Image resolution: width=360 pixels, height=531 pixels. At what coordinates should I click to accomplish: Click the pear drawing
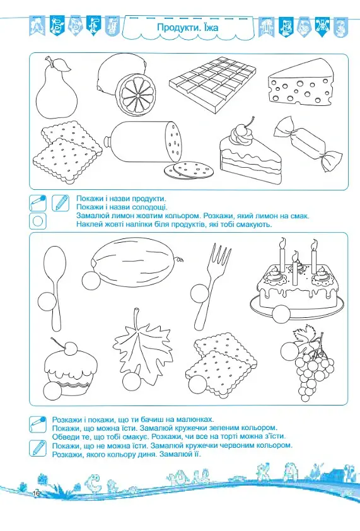[57, 91]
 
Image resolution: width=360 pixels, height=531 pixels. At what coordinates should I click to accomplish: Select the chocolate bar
[212, 85]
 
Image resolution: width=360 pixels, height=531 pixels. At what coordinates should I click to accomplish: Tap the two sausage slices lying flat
[189, 170]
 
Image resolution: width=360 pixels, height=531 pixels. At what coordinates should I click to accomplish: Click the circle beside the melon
[91, 281]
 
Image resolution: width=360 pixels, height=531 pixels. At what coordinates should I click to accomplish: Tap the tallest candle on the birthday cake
[314, 256]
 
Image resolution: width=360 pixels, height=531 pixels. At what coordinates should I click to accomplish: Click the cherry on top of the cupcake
[71, 348]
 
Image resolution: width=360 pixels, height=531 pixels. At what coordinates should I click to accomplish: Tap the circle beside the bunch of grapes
[290, 351]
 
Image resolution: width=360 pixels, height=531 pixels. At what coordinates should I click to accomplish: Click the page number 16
[36, 493]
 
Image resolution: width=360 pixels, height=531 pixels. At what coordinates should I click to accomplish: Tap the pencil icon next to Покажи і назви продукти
[61, 203]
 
